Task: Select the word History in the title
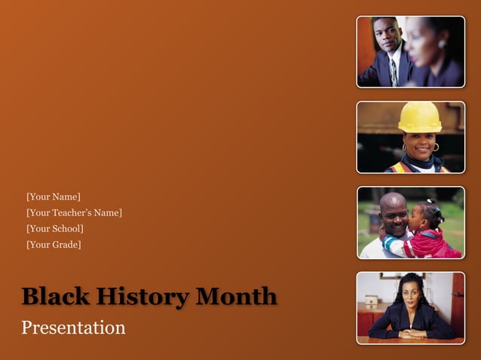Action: [136, 297]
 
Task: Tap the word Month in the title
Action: [235, 297]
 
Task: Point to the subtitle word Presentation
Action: [73, 328]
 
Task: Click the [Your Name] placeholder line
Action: [53, 197]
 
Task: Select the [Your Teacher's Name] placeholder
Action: [74, 213]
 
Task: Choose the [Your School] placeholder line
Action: [54, 228]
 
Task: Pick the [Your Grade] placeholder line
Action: [53, 244]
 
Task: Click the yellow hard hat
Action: [419, 117]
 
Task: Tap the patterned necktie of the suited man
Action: [393, 72]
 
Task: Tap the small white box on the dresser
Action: [372, 300]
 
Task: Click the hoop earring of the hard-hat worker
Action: [436, 147]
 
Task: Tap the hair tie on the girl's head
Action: [432, 203]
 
